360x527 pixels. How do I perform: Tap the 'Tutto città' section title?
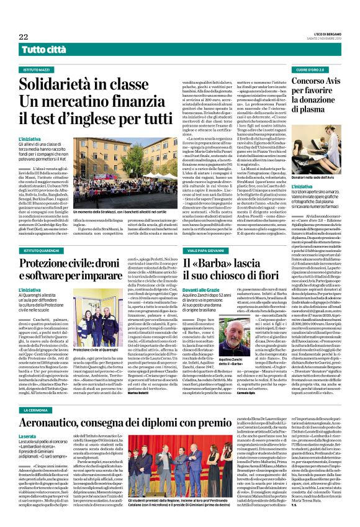coord(45,49)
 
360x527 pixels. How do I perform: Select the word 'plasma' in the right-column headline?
coord(326,109)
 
